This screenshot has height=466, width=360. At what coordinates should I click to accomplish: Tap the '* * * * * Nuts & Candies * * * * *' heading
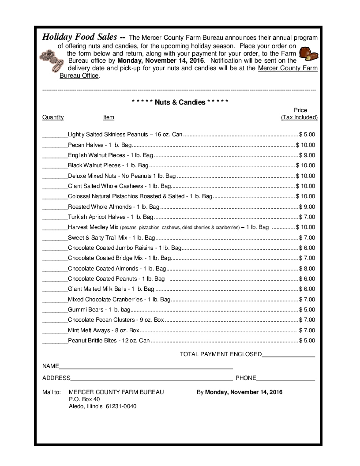coord(180,102)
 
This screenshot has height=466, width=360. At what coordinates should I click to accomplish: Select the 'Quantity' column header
coord(53,117)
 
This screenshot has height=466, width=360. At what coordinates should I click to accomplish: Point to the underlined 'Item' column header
coord(109,117)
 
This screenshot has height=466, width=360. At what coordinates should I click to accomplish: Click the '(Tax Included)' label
coord(299,117)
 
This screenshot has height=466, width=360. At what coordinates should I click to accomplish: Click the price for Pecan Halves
coord(306,145)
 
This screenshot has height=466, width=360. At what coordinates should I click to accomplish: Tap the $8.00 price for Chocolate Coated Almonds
coord(307,268)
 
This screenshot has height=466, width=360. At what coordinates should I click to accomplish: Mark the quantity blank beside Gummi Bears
coord(55,310)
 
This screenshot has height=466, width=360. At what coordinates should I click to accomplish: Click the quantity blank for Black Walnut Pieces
coord(55,165)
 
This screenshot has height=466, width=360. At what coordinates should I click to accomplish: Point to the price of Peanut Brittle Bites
coord(307,340)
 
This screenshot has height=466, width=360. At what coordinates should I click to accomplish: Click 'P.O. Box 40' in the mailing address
coord(84,399)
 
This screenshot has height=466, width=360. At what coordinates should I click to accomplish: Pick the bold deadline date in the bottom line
coord(244,392)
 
